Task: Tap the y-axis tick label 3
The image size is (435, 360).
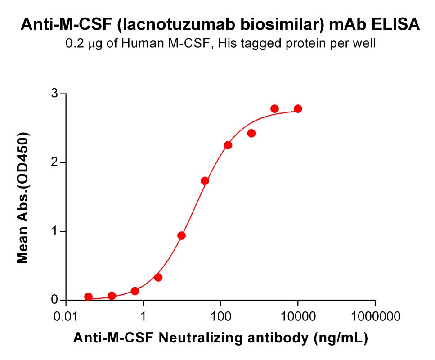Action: click(x=54, y=94)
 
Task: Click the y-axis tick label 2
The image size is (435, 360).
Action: click(x=54, y=162)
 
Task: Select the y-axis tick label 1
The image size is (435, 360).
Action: click(x=54, y=231)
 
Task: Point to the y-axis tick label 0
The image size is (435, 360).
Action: click(x=54, y=300)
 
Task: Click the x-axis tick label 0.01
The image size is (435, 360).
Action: click(x=67, y=316)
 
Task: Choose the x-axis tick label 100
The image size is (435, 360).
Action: click(x=220, y=316)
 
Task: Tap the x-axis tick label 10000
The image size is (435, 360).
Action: click(x=297, y=316)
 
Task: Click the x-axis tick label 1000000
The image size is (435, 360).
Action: click(x=375, y=316)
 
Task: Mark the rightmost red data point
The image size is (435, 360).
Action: click(x=298, y=109)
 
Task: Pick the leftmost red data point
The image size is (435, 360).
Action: click(x=88, y=297)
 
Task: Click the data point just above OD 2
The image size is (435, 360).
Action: click(x=228, y=145)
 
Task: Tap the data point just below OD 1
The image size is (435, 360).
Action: click(x=182, y=235)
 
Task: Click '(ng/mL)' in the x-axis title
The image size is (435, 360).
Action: click(x=341, y=338)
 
